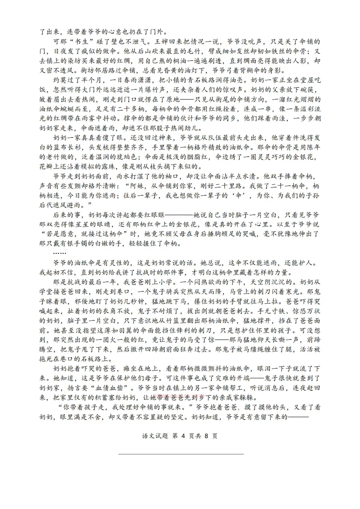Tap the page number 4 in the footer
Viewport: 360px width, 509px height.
coord(183,436)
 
